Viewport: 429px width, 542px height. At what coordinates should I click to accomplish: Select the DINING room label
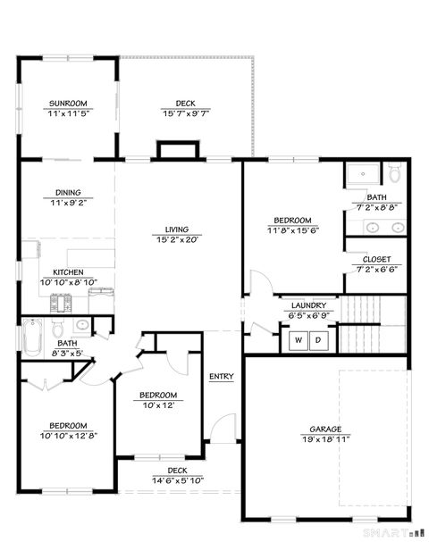pyautogui.click(x=68, y=193)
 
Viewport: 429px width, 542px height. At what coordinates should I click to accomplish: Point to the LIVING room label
pyautogui.click(x=176, y=229)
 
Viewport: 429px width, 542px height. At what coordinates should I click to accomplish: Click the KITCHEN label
pyautogui.click(x=68, y=272)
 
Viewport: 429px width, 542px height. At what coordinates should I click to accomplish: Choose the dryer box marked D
pyautogui.click(x=317, y=340)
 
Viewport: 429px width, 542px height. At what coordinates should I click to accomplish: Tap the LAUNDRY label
pyautogui.click(x=307, y=304)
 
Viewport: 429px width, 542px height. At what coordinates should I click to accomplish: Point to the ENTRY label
pyautogui.click(x=221, y=376)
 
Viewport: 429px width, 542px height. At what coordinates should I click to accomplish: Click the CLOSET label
pyautogui.click(x=376, y=259)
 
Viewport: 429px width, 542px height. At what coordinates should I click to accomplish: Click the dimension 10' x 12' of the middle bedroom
pyautogui.click(x=157, y=404)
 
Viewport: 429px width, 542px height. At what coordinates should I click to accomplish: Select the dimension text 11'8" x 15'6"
pyautogui.click(x=292, y=230)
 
